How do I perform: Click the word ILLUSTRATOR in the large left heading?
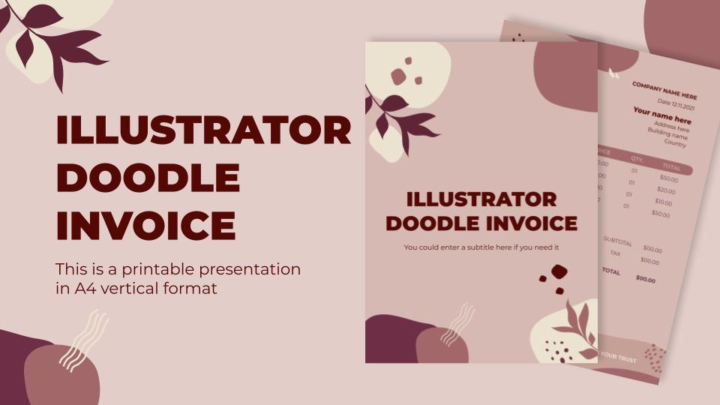point(203,131)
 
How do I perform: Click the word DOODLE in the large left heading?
point(148,178)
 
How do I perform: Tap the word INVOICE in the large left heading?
point(145,224)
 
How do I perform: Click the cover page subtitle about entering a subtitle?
point(481,247)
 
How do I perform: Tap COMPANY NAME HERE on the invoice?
point(664,91)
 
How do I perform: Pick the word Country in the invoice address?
point(675,143)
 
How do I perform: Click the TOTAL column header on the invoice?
point(671,167)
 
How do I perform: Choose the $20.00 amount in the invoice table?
point(666,190)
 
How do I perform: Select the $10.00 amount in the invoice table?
point(663,202)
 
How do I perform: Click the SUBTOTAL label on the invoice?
point(618,242)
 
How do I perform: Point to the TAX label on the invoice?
point(615,253)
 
